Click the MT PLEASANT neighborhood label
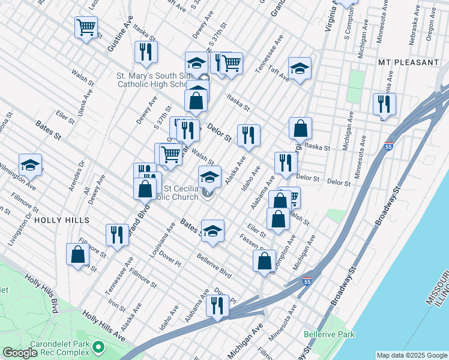tap(408, 62)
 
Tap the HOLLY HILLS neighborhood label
tap(62, 220)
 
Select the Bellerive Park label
tap(329, 334)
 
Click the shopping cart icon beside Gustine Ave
tap(86, 27)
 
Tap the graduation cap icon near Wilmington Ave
tap(30, 166)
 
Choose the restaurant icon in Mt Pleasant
tap(384, 104)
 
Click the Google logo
tap(20, 353)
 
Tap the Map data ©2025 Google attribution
tap(411, 355)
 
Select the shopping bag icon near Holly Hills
tap(78, 255)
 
